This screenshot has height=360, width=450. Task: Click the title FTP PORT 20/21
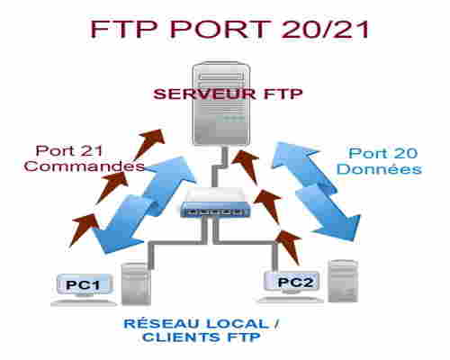230,29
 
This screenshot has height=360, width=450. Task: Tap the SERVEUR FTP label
228,94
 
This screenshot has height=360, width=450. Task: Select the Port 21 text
69,150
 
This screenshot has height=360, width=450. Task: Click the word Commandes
85,166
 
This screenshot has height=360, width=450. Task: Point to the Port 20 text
383,153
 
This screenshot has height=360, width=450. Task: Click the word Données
379,169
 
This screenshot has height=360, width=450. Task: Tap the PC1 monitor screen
84,284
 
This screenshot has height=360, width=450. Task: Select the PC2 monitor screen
292,282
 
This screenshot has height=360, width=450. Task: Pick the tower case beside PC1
136,284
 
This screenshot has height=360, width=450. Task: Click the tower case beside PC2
343,281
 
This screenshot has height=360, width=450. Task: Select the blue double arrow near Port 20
317,192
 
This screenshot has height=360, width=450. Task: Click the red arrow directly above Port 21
149,144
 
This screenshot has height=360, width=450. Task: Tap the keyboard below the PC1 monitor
84,303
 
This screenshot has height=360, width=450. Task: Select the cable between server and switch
219,166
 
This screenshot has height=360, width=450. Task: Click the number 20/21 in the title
326,29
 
